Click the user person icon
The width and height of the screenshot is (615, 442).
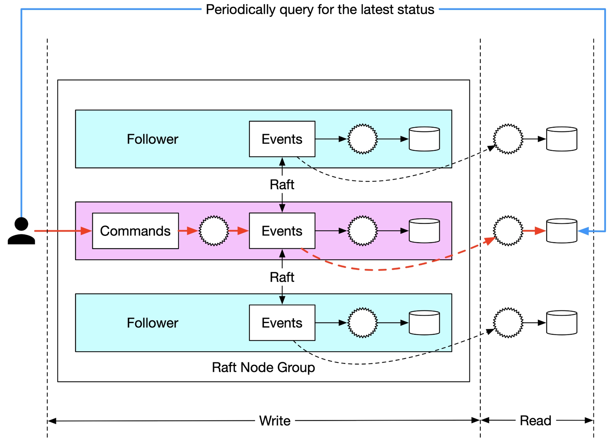point(21,231)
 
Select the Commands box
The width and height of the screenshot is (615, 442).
point(135,231)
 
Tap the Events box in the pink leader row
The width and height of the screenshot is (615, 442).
point(282,231)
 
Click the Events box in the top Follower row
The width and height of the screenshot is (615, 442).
point(282,139)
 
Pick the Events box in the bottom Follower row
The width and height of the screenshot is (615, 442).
point(282,322)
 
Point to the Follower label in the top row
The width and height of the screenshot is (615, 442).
point(152,139)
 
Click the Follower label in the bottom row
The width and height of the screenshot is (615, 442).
point(152,323)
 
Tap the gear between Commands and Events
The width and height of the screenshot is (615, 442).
point(214,231)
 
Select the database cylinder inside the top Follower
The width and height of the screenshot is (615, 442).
point(424,139)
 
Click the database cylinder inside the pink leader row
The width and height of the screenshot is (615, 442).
point(424,231)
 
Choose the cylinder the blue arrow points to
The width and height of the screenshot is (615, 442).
point(562,231)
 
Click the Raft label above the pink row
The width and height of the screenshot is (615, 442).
point(282,185)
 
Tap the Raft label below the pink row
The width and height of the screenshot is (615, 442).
point(282,277)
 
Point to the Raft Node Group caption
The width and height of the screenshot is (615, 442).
point(263,367)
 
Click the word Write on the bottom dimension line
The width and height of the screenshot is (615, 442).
point(275,421)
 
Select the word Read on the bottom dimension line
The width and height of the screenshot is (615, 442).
point(536,421)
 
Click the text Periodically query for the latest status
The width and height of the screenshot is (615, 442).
point(320,10)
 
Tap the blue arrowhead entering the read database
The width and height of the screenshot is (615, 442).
point(583,231)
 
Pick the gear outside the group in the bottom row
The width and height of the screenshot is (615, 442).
point(508,322)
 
